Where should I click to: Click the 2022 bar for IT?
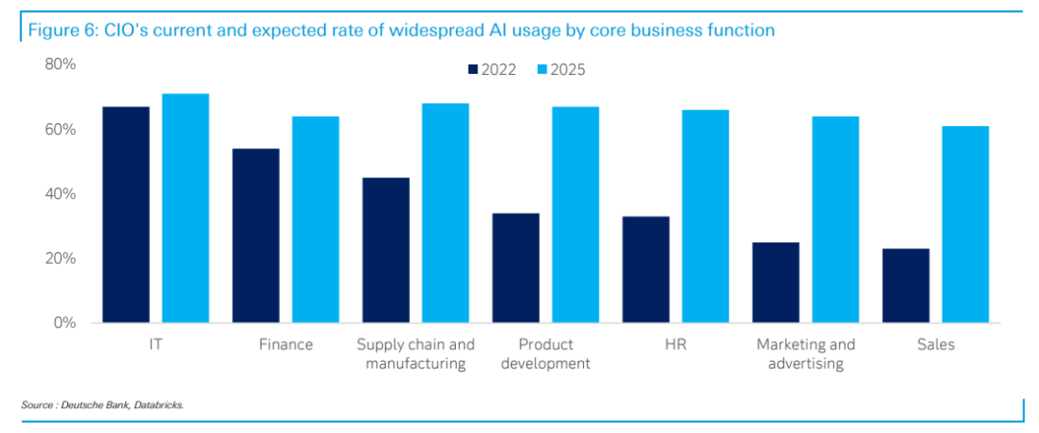[x=126, y=215]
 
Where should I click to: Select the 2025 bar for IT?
[x=186, y=208]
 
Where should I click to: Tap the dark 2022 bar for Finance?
[x=256, y=236]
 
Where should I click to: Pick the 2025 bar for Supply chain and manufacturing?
[x=445, y=213]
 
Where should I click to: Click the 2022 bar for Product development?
[x=516, y=268]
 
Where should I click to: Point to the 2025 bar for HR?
[x=705, y=216]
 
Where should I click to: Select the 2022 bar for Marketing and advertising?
[x=775, y=283]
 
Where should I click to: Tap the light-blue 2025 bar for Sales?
[x=965, y=224]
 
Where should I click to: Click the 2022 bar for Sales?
[x=905, y=286]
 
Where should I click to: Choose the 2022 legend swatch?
[x=473, y=69]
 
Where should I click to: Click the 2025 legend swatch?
[x=541, y=69]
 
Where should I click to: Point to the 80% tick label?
[x=60, y=64]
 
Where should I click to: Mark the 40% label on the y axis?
[x=60, y=194]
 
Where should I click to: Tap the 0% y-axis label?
[x=64, y=323]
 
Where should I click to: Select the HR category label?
[x=674, y=344]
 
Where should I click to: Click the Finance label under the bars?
[x=286, y=344]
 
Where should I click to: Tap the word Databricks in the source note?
[x=158, y=405]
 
